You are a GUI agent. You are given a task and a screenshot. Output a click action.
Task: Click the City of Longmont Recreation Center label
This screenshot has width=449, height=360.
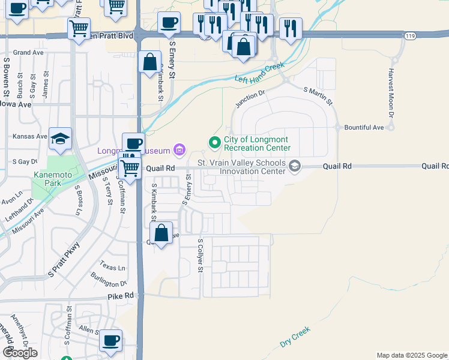tap(257, 143)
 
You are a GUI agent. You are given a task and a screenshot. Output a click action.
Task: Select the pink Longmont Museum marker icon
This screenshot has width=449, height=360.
tap(178, 149)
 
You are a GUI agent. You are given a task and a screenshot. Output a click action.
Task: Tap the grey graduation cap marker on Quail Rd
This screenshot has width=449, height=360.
tap(294, 166)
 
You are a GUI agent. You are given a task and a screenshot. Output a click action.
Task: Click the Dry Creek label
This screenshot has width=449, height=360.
tap(295, 337)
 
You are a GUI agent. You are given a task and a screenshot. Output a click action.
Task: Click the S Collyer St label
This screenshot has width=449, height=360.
tap(200, 256)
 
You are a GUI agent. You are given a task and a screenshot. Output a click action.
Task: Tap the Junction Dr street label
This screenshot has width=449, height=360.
tap(250, 98)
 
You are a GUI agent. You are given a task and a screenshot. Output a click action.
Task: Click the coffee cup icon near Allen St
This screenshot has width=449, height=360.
tap(110, 340)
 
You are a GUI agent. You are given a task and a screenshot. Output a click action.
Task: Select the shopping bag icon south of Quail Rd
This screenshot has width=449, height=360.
tap(161, 233)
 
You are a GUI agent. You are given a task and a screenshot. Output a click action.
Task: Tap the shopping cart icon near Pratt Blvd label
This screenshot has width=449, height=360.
tap(79, 28)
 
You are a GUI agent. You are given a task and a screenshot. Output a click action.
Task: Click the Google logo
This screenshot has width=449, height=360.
tap(20, 352)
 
